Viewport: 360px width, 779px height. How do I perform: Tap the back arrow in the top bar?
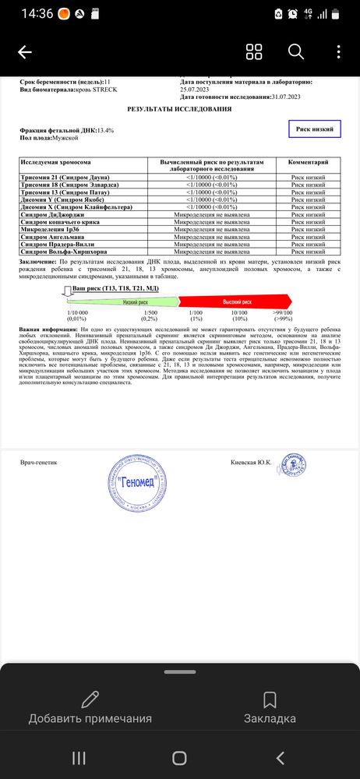(x=24, y=52)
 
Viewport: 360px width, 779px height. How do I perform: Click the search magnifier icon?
(x=296, y=52)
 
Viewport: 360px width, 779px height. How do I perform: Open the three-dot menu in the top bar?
(x=339, y=52)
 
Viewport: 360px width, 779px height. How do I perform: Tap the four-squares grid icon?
(x=254, y=52)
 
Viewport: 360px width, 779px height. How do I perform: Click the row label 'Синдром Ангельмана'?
(x=52, y=236)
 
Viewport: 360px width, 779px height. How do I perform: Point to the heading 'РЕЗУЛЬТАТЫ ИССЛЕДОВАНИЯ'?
(x=178, y=109)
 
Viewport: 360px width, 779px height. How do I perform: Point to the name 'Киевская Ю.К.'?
(x=251, y=462)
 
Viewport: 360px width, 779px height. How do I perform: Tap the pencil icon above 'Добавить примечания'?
(x=90, y=699)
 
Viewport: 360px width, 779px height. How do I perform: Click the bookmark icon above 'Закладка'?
(x=270, y=699)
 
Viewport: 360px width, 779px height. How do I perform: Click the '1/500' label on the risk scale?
(x=150, y=312)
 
